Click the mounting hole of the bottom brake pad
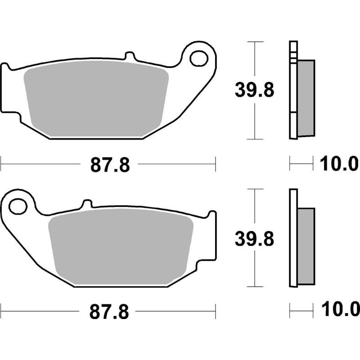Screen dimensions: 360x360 pos(18,207)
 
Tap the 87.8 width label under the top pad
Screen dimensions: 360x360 pos(110,165)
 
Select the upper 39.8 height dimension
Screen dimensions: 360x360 pos(254,90)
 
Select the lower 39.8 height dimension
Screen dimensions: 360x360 pos(254,239)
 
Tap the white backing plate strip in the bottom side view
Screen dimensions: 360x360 pos(293,238)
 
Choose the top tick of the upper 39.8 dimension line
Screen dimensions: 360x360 pos(255,42)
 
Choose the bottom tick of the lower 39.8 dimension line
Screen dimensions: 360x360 pos(255,287)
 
